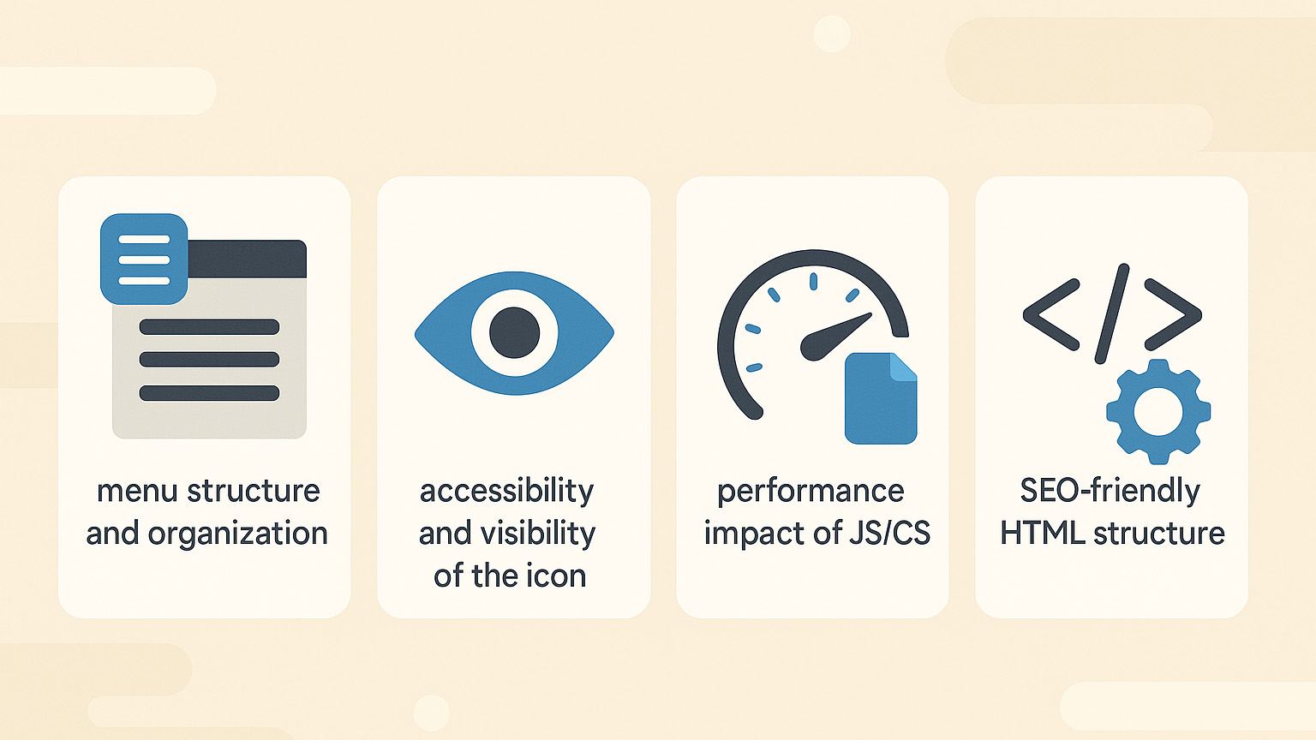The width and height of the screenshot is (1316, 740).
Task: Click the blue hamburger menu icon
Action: coord(144,259)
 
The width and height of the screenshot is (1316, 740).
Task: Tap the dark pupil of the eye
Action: coord(515,332)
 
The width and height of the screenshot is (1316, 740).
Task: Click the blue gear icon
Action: coord(1158,412)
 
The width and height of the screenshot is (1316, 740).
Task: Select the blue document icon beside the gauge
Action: coord(881,398)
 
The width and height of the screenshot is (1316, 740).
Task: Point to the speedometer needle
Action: coord(834,337)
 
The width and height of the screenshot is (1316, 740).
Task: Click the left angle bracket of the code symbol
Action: coord(1051,315)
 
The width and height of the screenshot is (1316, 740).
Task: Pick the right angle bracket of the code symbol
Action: coord(1173,315)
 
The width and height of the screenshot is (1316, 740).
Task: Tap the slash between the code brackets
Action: coord(1112,313)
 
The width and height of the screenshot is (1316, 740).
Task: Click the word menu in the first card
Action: coord(137,491)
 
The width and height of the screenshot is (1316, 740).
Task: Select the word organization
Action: coord(237,534)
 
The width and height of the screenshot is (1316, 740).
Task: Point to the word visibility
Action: coord(538,534)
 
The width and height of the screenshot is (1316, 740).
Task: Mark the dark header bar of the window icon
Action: coord(247,259)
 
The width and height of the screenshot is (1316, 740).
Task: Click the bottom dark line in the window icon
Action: coord(209,393)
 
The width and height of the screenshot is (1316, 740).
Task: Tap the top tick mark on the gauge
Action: coord(814,281)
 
